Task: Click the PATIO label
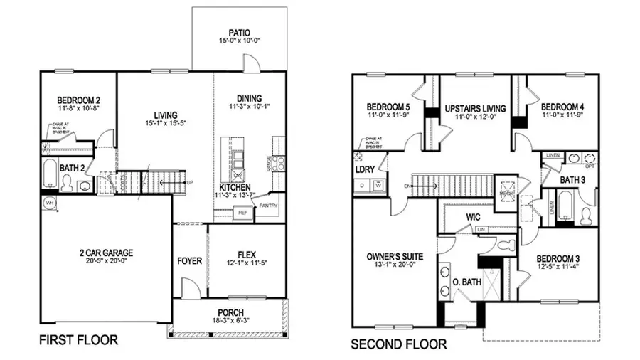(x=239, y=32)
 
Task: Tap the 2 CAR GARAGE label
(x=106, y=252)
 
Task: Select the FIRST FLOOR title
(x=78, y=340)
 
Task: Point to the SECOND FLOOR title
(x=398, y=345)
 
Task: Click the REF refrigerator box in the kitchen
(x=242, y=212)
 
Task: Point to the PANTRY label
(x=269, y=206)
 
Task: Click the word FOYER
(x=190, y=261)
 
